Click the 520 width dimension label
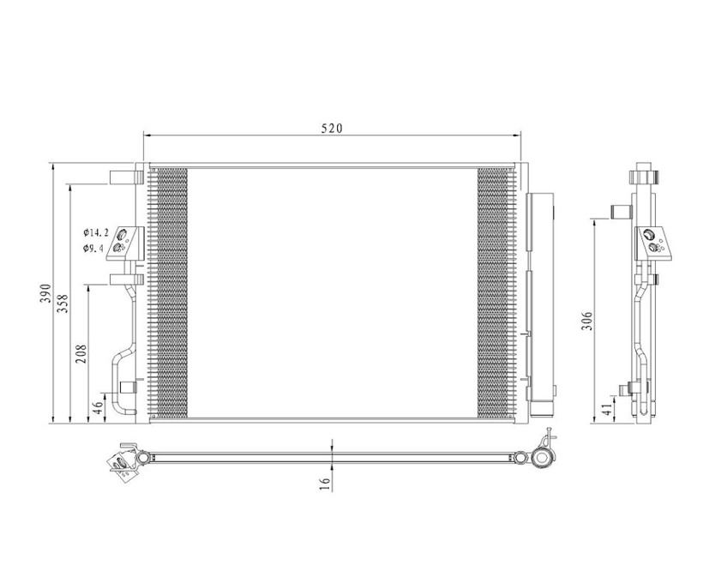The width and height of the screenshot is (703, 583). [332, 129]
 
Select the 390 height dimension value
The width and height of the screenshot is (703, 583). [46, 293]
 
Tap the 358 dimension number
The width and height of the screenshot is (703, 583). [63, 304]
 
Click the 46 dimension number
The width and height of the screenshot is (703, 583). [98, 407]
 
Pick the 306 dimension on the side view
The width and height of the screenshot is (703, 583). [587, 322]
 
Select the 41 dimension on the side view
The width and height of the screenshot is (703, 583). [606, 409]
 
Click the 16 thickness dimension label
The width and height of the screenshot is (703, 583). [325, 483]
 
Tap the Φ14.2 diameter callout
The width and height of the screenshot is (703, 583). [95, 232]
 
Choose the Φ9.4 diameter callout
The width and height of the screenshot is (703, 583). [93, 248]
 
